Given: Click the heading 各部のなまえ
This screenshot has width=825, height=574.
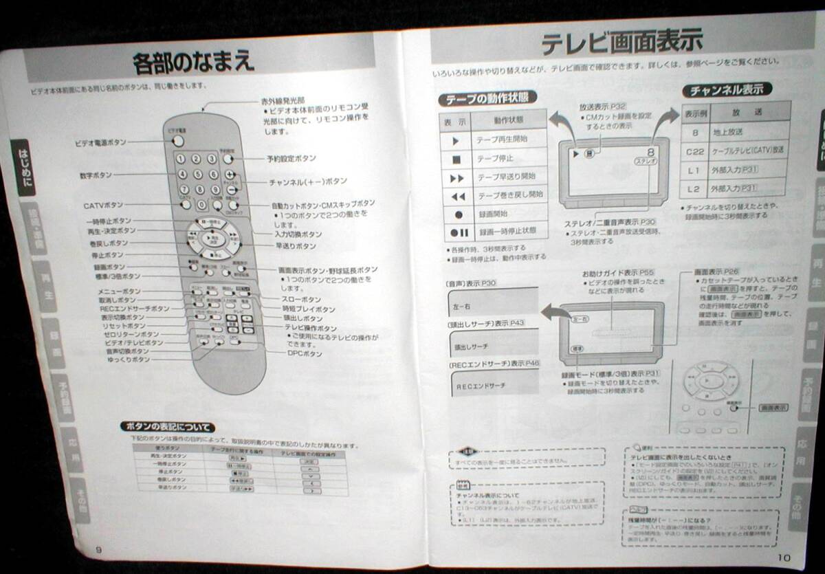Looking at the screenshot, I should pos(193,63).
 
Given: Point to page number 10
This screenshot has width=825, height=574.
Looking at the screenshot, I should pos(784,557).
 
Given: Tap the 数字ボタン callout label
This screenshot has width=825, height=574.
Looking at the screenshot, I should pos(96,175).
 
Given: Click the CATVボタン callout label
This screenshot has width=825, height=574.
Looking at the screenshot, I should pos(103,205).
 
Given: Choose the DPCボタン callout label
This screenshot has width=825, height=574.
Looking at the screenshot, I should pos(304,353).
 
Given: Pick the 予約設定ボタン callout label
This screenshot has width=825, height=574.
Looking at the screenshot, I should pos(291,158).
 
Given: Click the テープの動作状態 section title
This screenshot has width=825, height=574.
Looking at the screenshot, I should pos(487,99).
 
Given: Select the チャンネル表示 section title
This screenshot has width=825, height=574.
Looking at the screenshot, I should pos(727,90).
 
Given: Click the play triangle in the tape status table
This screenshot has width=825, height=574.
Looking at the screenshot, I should pos(455,140).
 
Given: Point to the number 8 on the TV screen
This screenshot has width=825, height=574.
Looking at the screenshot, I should pos(650,153).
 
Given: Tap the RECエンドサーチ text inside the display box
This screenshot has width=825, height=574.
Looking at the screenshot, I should pos(481,386).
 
